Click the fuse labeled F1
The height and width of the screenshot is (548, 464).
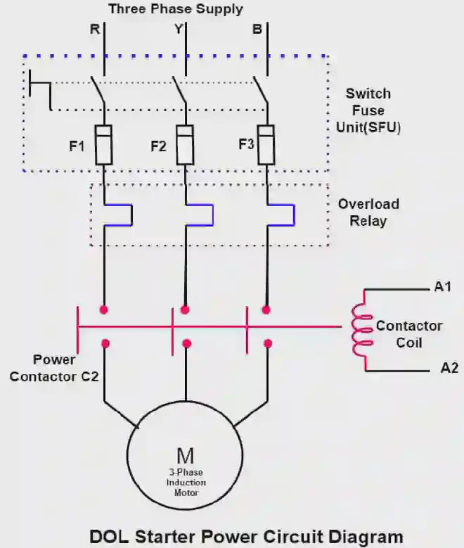point(104,145)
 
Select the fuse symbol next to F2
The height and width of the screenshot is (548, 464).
point(185,145)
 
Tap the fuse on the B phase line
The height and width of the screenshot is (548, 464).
point(266,145)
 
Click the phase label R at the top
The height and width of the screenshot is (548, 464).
point(94,30)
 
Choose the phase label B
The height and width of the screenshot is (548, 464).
point(258,30)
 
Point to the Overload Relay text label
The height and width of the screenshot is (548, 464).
point(368,212)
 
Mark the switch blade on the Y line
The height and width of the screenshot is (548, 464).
point(180,89)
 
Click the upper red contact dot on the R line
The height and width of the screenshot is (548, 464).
point(105,310)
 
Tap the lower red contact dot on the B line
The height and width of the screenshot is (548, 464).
point(267,343)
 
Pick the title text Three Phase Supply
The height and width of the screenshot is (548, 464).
point(176,9)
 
